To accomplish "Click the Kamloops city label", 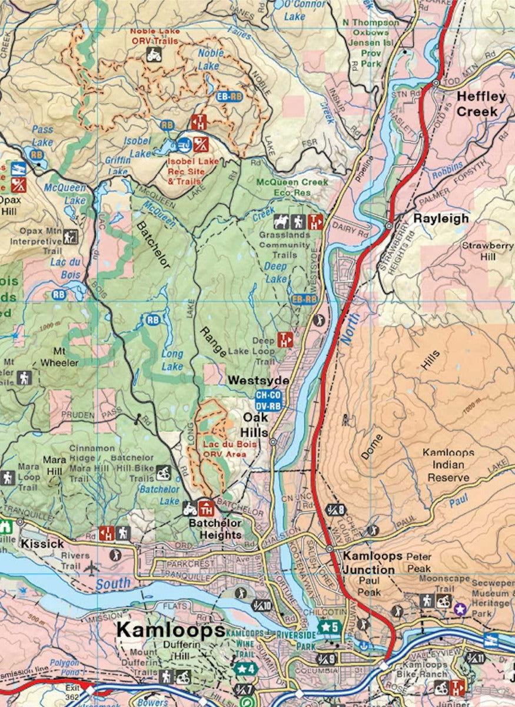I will (170, 629).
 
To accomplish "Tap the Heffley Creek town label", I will (481, 103).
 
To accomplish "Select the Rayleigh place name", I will (441, 218).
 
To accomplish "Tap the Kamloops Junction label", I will (369, 563).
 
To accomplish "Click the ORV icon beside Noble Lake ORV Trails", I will (154, 55).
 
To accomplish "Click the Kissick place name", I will (42, 543).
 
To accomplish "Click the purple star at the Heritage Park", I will (460, 607).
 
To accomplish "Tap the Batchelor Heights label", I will (215, 528).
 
